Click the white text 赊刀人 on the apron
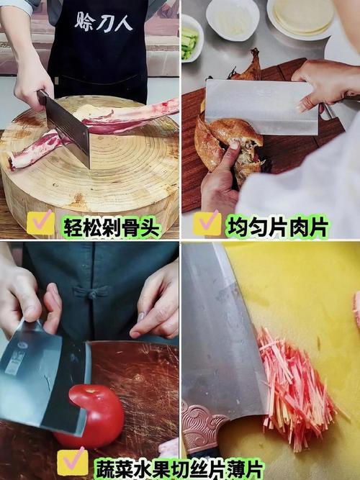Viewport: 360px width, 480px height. point(104,22)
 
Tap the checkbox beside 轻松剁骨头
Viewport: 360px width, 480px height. point(41,223)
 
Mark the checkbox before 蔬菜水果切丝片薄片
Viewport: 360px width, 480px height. point(73,462)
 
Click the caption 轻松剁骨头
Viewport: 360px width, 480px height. point(112,227)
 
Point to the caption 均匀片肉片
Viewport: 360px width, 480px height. point(277,227)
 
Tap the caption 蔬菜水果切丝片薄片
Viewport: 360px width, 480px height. point(178,468)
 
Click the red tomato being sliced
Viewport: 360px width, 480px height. point(91,415)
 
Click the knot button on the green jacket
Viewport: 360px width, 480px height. point(91,294)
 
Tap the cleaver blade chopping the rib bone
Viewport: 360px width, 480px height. point(66,128)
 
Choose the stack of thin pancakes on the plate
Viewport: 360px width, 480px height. point(302,14)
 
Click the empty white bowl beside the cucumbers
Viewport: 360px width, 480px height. point(233,19)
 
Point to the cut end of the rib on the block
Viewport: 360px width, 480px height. point(13,163)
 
